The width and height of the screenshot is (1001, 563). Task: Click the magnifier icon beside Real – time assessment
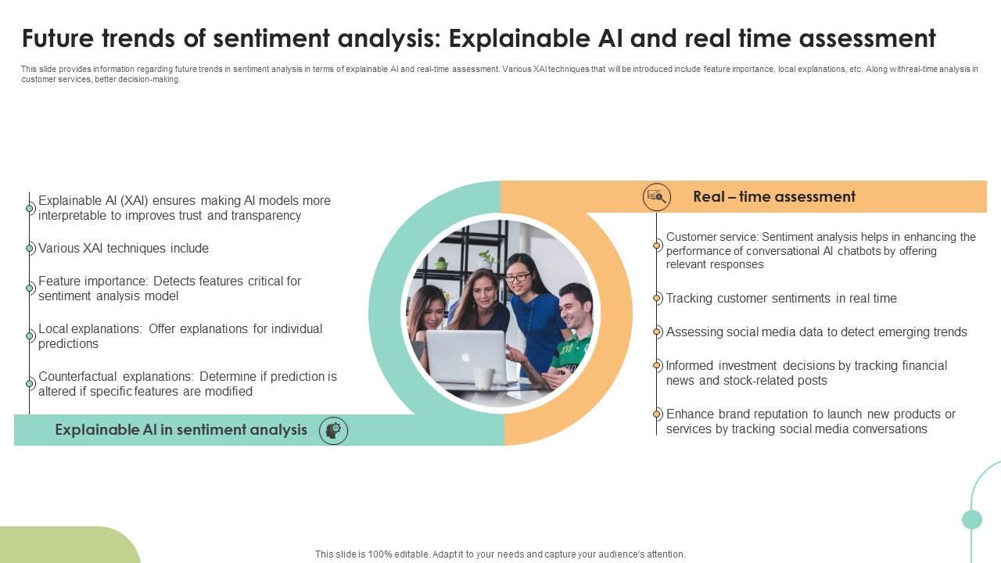click(x=657, y=197)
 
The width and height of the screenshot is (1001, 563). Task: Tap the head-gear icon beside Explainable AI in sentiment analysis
click(x=334, y=430)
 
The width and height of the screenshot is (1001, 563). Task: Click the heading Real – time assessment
click(x=774, y=197)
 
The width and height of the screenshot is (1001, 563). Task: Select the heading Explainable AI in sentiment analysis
click(x=181, y=430)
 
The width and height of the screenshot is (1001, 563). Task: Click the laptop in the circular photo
click(x=466, y=356)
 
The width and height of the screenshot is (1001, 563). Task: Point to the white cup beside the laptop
click(x=484, y=378)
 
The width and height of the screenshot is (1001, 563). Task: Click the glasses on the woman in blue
click(x=518, y=277)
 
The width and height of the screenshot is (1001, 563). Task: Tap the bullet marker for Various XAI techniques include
click(x=30, y=249)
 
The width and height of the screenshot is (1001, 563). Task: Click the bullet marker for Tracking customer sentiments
click(x=657, y=299)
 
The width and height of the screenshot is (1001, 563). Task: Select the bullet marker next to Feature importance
click(x=30, y=289)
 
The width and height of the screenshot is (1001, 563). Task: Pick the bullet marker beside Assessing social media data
click(x=657, y=332)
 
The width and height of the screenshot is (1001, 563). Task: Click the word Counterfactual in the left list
click(x=77, y=376)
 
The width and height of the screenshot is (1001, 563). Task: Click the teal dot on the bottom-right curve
click(x=972, y=519)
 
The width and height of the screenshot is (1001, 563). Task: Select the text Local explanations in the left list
click(x=90, y=329)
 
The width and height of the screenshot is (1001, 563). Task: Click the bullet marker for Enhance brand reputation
click(x=657, y=414)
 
